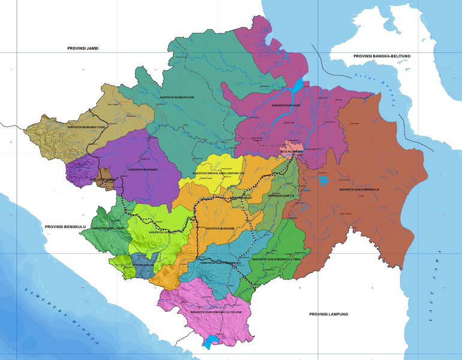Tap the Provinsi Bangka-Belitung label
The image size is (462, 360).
pos(381,56)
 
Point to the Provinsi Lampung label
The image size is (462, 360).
pos(328,314)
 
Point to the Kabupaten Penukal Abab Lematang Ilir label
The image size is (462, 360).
pos(219,175)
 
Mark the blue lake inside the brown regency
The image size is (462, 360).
pos(324,179)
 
